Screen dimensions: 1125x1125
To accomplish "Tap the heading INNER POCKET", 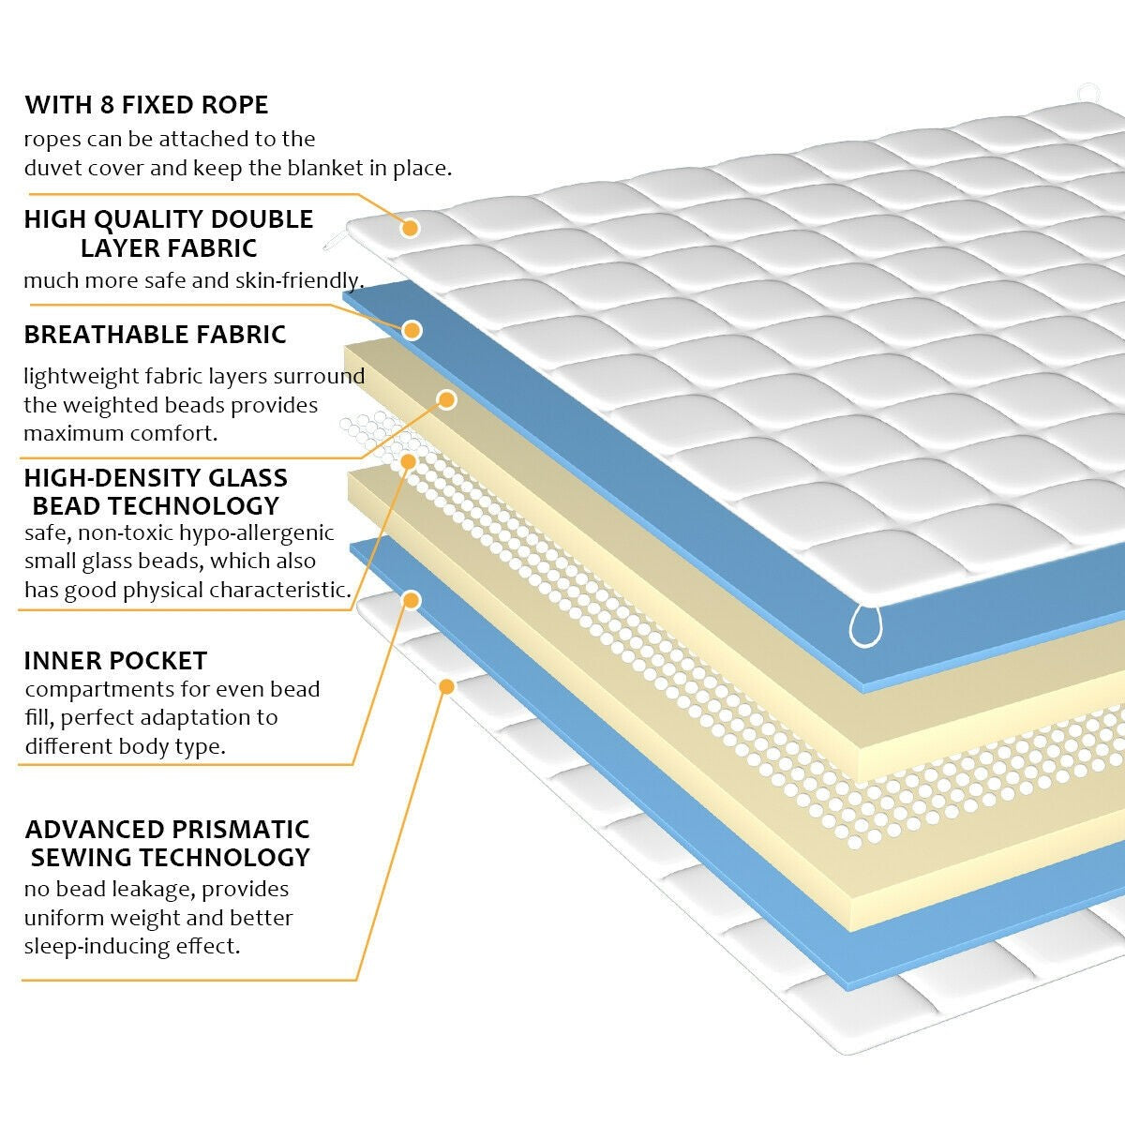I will point(115,660).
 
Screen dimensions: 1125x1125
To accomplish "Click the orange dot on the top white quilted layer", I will point(410,228).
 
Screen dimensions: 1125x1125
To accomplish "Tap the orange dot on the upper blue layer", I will point(412,330).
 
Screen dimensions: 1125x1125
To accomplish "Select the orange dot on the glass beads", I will point(408,461).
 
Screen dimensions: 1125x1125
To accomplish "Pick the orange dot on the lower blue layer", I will point(411,600).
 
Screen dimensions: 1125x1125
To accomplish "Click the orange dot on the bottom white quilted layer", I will point(446,686).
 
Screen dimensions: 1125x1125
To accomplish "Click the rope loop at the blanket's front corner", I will point(867,625).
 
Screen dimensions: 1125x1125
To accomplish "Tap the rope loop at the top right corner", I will point(1087,94).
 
